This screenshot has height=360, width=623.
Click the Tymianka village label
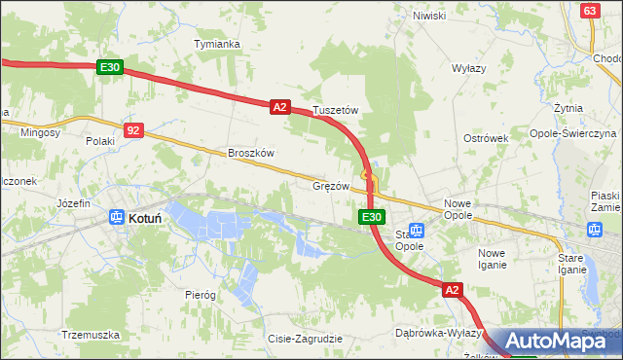pyautogui.click(x=217, y=45)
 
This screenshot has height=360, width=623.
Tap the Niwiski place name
pyautogui.click(x=428, y=16)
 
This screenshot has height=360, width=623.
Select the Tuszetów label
pyautogui.click(x=336, y=111)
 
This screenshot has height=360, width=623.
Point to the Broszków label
pyautogui.click(x=251, y=153)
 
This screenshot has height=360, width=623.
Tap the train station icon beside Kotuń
pyautogui.click(x=116, y=218)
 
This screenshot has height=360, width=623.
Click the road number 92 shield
pyautogui.click(x=134, y=128)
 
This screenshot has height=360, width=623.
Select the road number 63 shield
pyautogui.click(x=589, y=10)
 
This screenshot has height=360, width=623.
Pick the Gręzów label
pyautogui.click(x=331, y=185)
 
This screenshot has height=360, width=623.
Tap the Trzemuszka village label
pyautogui.click(x=90, y=335)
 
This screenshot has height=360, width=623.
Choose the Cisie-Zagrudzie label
pyautogui.click(x=305, y=339)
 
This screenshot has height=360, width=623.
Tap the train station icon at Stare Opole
pyautogui.click(x=417, y=231)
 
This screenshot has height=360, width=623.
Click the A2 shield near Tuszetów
pyautogui.click(x=279, y=107)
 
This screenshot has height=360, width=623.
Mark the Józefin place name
pyautogui.click(x=73, y=203)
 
